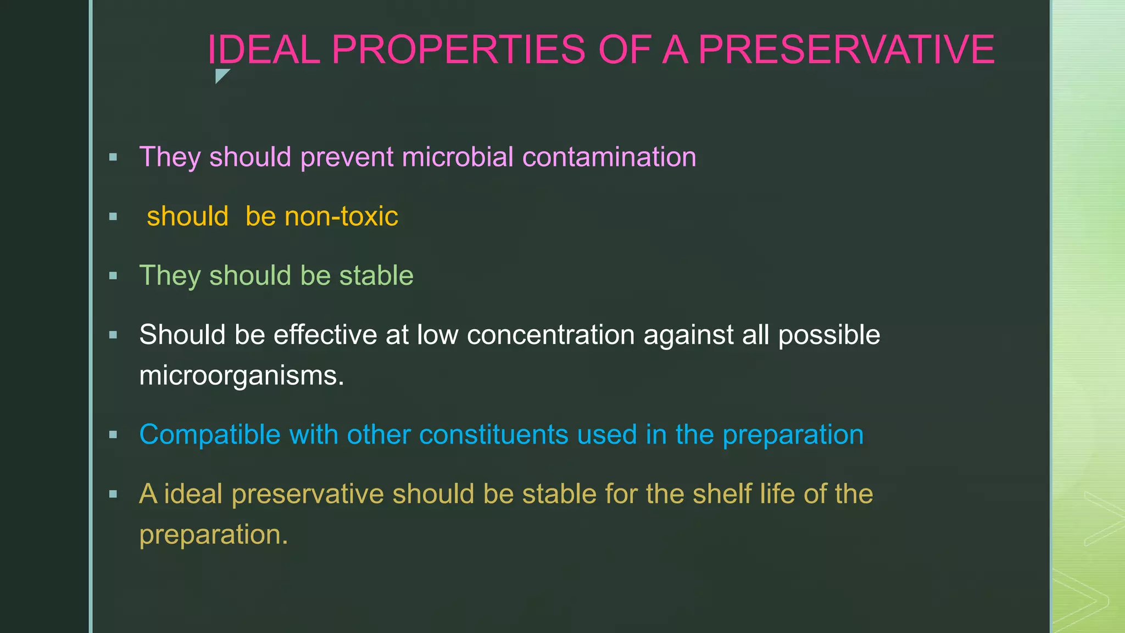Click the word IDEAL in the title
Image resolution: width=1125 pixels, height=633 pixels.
[264, 49]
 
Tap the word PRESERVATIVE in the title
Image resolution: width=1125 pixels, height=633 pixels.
[846, 49]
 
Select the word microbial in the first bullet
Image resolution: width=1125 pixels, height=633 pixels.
[457, 157]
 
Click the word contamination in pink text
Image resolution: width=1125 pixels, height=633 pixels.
[609, 157]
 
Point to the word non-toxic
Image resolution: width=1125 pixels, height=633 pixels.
[322, 216]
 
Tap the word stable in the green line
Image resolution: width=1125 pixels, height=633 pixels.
[376, 275]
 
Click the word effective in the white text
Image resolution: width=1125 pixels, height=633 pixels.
[325, 335]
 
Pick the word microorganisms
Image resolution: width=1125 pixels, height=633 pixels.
[241, 376]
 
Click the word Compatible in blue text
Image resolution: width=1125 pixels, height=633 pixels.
[210, 435]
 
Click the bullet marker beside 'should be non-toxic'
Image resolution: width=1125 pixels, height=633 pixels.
[113, 216]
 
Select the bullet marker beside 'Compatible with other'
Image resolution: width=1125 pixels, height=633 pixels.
[113, 435]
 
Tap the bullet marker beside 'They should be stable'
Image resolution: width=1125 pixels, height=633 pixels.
[113, 275]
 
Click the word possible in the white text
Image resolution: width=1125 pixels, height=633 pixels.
[829, 335]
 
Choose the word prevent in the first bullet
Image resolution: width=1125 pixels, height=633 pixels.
[347, 157]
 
